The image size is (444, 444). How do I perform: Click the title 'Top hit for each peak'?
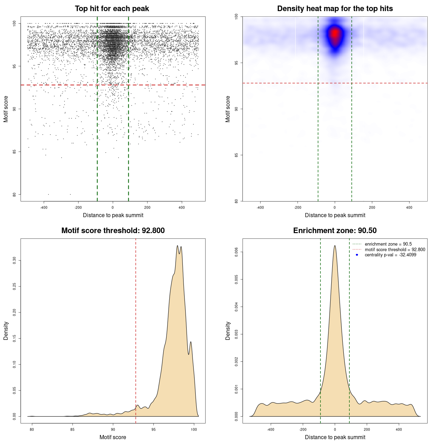(x=112, y=9)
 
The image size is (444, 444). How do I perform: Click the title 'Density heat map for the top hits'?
(x=335, y=9)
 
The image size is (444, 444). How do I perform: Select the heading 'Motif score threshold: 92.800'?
(x=113, y=231)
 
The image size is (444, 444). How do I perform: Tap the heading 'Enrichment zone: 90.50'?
(x=335, y=231)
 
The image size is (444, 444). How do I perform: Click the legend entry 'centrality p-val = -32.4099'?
(x=390, y=255)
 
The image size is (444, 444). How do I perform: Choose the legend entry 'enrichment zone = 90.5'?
(x=388, y=244)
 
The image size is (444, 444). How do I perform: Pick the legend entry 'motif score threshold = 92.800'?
(x=395, y=250)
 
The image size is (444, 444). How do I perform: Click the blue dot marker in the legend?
(x=357, y=255)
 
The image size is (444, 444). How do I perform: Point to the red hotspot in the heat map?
(x=335, y=34)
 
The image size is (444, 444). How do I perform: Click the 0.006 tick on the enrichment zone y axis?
(x=237, y=252)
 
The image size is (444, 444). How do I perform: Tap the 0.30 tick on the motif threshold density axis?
(x=15, y=261)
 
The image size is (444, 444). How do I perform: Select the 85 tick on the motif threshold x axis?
(x=72, y=429)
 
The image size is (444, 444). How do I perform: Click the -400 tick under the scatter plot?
(x=44, y=207)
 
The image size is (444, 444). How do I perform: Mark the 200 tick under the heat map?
(x=372, y=207)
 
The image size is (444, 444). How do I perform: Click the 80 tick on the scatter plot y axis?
(x=15, y=195)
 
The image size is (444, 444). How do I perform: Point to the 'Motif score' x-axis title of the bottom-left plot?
(x=113, y=437)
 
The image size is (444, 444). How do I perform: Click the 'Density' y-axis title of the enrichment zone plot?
(x=228, y=331)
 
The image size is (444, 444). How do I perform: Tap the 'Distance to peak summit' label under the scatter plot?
(x=113, y=215)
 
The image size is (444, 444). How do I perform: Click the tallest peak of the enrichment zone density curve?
(x=335, y=246)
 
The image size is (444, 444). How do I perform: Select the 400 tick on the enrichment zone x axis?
(x=399, y=429)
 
